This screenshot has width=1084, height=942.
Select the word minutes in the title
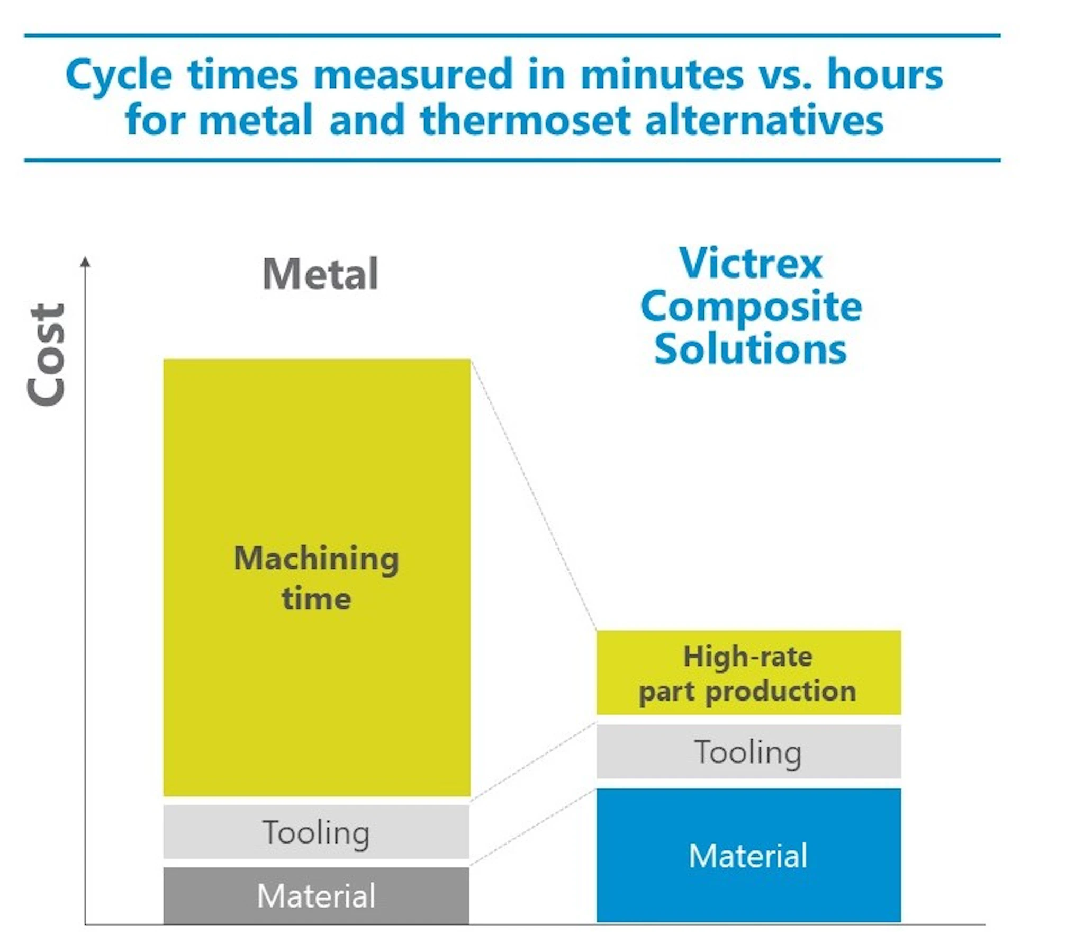pyautogui.click(x=662, y=75)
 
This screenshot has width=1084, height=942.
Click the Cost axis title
pyautogui.click(x=47, y=354)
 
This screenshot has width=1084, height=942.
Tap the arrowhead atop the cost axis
pyautogui.click(x=85, y=262)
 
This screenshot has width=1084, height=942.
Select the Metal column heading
pyautogui.click(x=320, y=274)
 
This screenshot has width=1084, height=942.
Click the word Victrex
pyautogui.click(x=751, y=263)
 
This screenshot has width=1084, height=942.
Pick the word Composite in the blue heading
pyautogui.click(x=751, y=307)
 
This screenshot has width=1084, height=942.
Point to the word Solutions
pyautogui.click(x=751, y=349)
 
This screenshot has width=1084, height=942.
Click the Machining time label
pyautogui.click(x=317, y=578)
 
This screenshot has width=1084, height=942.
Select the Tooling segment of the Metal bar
pyautogui.click(x=316, y=832)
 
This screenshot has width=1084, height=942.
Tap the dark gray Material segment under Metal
pyautogui.click(x=316, y=895)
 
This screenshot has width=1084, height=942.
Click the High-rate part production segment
pyautogui.click(x=748, y=672)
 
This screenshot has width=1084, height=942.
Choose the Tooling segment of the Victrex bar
pyautogui.click(x=748, y=752)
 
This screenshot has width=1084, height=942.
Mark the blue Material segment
pyautogui.click(x=748, y=855)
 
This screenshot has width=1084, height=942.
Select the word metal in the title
pyautogui.click(x=256, y=120)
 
